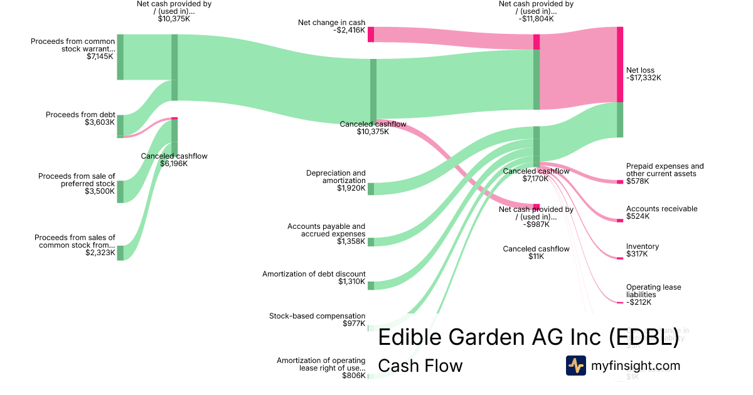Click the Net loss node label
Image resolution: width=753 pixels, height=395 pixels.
(x=643, y=74)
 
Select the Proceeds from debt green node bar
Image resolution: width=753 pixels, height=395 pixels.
(x=120, y=125)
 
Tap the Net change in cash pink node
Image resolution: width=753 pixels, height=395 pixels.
(x=371, y=34)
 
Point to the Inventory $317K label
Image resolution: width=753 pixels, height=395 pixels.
(x=642, y=250)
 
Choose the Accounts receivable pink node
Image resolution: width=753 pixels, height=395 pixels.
(x=620, y=220)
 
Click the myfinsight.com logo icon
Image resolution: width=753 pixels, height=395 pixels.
(x=576, y=366)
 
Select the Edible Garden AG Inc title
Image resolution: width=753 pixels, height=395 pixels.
(x=528, y=337)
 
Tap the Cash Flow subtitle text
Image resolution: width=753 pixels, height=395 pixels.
(x=420, y=366)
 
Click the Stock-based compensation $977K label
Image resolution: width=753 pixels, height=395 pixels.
(x=317, y=320)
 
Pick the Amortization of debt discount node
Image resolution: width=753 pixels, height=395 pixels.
(x=371, y=286)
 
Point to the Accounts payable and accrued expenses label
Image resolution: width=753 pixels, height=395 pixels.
(x=326, y=233)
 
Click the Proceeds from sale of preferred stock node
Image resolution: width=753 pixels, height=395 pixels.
(x=120, y=191)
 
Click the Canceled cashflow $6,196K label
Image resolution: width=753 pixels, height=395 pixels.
(x=174, y=160)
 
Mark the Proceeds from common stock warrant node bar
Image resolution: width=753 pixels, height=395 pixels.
(x=120, y=57)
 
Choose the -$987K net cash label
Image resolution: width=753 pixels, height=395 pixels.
(x=536, y=217)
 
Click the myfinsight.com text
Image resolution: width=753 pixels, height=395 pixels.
(x=636, y=366)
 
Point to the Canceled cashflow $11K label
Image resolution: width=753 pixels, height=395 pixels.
(x=536, y=253)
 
